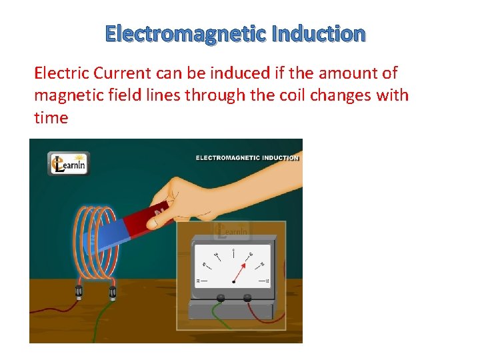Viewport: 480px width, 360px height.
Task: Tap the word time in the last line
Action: click(x=51, y=117)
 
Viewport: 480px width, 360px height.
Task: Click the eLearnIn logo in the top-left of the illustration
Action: click(x=69, y=163)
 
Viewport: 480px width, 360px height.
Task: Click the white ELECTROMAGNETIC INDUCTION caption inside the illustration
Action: click(x=247, y=158)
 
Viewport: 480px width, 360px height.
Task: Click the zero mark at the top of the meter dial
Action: click(x=233, y=251)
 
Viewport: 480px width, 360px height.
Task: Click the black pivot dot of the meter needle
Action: click(x=233, y=282)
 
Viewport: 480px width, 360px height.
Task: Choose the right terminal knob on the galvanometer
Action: click(x=247, y=298)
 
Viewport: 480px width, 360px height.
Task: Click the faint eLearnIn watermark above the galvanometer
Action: click(x=231, y=231)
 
